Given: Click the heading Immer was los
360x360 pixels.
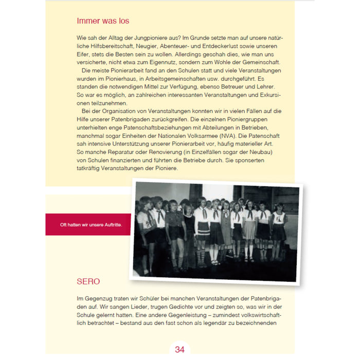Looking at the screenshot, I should [103, 21].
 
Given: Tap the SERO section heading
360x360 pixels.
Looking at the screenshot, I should [88, 282].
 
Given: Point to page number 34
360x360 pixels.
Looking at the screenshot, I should [179, 349].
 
